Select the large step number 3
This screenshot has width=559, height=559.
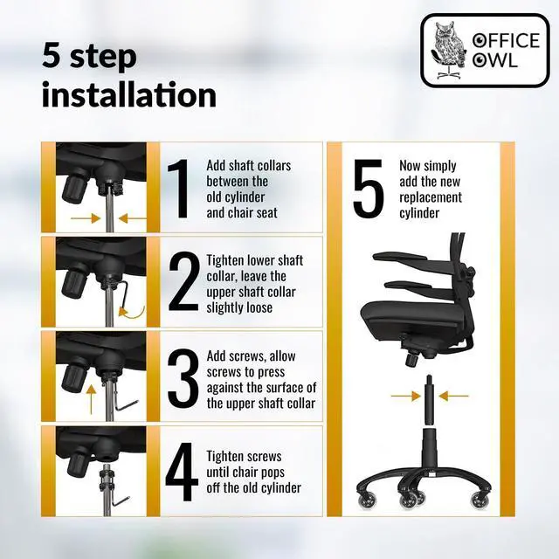(x=183, y=378)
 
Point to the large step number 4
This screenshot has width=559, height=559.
(x=182, y=472)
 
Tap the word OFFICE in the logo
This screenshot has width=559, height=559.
(x=507, y=40)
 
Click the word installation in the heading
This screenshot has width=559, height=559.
(x=129, y=94)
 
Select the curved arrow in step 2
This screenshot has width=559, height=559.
(x=134, y=314)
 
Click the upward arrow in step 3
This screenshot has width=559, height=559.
(x=91, y=398)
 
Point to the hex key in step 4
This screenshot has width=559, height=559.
(x=119, y=499)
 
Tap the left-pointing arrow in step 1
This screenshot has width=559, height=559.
(x=132, y=218)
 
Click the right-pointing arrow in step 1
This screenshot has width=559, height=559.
(x=86, y=218)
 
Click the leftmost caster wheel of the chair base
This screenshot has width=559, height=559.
(x=367, y=500)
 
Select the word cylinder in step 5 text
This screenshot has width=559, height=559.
(x=419, y=213)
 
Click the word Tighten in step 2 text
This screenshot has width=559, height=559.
(x=225, y=260)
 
